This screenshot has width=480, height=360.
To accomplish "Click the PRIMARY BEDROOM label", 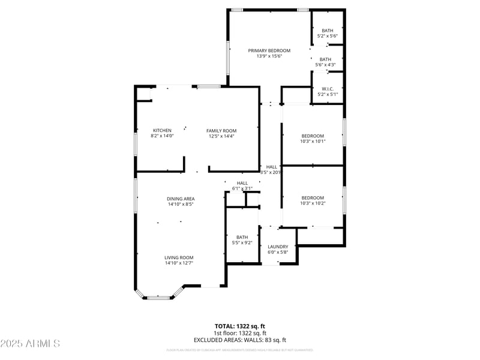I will [269, 50].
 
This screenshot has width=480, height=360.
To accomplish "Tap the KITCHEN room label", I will [162, 130].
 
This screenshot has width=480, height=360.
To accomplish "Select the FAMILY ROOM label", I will [221, 130].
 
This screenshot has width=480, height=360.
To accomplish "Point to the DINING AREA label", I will [181, 199].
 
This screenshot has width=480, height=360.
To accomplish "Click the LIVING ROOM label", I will [179, 257].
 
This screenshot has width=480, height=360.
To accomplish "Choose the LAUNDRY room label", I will [278, 247].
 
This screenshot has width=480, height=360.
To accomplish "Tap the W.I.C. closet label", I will [327, 89].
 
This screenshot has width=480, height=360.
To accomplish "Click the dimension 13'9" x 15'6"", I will [269, 56].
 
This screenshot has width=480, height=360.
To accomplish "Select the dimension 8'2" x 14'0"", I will [162, 136].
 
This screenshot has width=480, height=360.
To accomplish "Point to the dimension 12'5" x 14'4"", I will [221, 136].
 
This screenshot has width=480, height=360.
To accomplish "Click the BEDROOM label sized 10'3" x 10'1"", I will [313, 136].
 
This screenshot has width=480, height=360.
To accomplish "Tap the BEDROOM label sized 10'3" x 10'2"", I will [313, 198].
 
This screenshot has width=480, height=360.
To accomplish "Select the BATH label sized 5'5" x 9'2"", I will [242, 237].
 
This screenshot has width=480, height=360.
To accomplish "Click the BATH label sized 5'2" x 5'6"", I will [327, 31].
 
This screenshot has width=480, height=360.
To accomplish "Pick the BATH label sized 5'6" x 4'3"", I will [326, 59].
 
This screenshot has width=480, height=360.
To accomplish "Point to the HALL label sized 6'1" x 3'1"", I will [242, 183].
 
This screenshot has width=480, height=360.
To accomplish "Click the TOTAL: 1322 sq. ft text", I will [240, 326].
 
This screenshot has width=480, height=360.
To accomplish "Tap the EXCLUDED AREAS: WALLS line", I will [240, 340].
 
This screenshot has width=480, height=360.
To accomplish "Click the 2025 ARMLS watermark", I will [30, 344].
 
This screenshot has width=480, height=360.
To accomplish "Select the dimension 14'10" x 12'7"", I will [179, 263].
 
